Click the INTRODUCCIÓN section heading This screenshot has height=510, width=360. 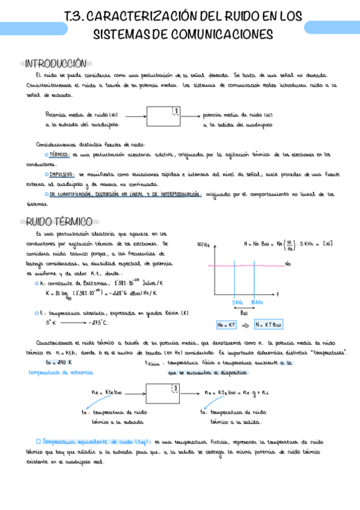point(57,63)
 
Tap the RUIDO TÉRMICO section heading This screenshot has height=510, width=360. point(58,221)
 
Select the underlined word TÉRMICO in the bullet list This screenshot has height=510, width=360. point(59,155)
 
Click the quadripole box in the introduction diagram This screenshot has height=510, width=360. point(163,115)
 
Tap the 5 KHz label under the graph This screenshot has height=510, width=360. point(238,302)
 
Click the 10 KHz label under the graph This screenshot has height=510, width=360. point(257,302)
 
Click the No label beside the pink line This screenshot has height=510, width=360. point(288,264)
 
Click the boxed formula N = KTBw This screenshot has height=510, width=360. point(268,325)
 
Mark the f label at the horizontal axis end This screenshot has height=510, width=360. point(278,293)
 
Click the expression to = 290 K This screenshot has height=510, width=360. point(58,362)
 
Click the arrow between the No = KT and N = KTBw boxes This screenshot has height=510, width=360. point(245,325)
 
